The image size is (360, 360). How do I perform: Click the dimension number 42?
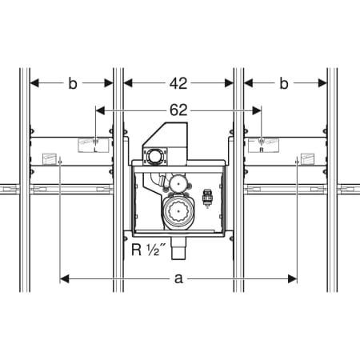tap(178, 83)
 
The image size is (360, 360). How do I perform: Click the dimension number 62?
tap(178, 110)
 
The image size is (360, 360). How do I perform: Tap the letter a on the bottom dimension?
tap(178, 279)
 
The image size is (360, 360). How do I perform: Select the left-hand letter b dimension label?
tap(73, 83)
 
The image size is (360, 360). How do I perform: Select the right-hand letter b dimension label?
tap(284, 83)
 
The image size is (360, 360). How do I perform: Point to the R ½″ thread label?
tap(149, 250)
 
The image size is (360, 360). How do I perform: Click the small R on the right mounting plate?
tap(262, 150)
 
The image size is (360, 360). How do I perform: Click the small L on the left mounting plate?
tap(95, 150)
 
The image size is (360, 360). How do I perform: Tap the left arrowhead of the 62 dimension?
tap(100, 110)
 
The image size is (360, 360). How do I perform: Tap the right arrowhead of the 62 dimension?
tap(257, 110)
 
